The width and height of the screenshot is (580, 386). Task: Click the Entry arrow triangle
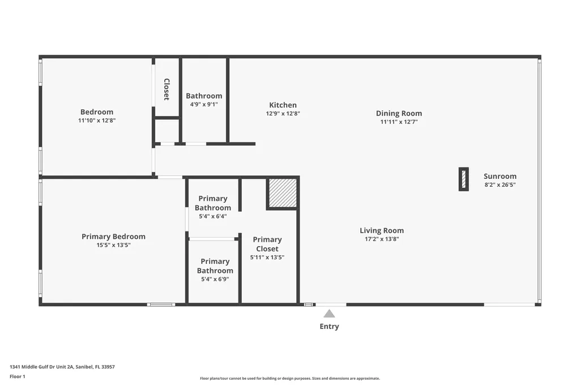(329, 314)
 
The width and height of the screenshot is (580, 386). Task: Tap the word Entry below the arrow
(329, 327)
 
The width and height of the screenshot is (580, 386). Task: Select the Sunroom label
(500, 176)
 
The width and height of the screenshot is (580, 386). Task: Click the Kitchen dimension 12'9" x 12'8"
(283, 114)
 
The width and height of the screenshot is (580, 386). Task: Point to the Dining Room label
(399, 113)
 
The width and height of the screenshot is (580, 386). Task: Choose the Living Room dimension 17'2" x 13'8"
(382, 239)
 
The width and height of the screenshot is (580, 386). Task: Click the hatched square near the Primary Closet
(283, 193)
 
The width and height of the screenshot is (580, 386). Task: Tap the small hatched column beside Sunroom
(463, 179)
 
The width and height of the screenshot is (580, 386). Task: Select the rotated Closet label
(167, 89)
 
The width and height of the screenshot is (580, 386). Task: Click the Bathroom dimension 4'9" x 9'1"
(204, 104)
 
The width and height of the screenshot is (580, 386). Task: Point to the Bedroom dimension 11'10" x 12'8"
(97, 121)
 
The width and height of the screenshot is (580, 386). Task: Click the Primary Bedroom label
(113, 237)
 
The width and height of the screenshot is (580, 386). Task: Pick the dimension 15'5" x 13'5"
(113, 245)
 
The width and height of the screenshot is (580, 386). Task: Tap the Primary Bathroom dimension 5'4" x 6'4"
(213, 216)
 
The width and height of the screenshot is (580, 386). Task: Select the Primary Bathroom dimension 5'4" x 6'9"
(215, 279)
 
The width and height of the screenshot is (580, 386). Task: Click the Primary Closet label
(267, 244)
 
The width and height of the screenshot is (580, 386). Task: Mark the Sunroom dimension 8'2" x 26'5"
(500, 185)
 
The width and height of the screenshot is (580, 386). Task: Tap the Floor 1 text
(18, 376)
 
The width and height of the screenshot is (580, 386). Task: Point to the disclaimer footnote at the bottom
(289, 379)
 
